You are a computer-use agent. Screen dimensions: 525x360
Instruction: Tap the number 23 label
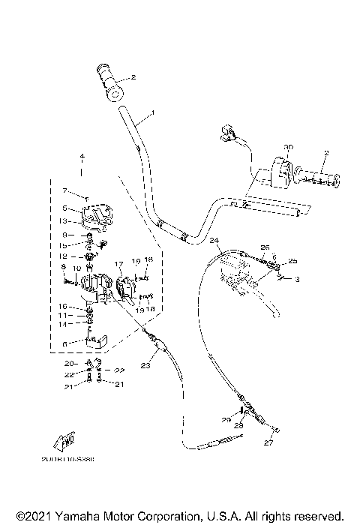[x=145, y=366]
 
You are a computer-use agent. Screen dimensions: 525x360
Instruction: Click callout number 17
[x=118, y=264]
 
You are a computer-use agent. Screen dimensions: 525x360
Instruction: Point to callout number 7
[x=65, y=190]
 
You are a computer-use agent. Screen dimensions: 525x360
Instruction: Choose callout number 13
[x=64, y=220]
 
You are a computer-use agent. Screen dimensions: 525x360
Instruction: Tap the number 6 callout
[x=65, y=343]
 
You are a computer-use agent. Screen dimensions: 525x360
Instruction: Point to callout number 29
[x=225, y=419]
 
